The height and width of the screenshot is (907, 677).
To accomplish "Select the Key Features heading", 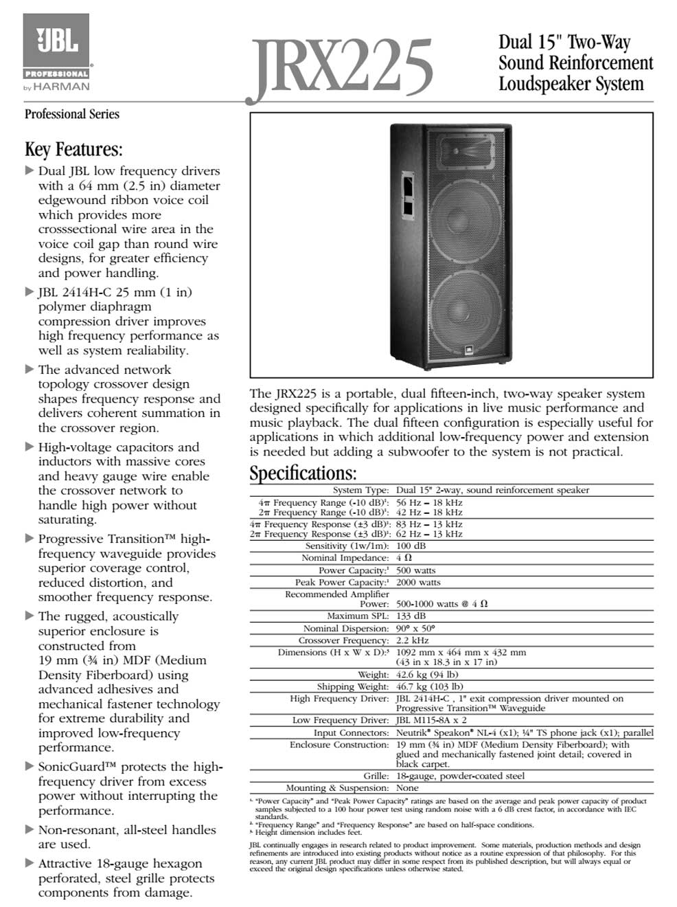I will tap(73, 149).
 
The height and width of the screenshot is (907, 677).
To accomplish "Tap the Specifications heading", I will tap(303, 473).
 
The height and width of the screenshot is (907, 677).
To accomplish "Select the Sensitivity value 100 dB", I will tap(411, 546).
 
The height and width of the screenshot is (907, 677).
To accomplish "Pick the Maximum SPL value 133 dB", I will tap(411, 616).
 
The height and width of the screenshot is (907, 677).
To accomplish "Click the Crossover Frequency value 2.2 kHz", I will tap(412, 640).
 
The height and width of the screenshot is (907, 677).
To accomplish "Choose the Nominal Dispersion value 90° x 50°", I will tap(415, 628).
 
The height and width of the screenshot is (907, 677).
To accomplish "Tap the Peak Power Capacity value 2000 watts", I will tap(418, 582).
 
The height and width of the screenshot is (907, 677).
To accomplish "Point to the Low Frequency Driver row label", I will tap(341, 720).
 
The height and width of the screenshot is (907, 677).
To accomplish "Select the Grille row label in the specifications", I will tap(376, 776).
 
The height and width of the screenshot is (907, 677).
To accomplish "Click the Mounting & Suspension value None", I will tap(407, 788).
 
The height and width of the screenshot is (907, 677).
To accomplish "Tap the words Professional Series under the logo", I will tap(72, 114).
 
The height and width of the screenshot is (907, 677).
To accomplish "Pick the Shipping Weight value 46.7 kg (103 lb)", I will tap(429, 686).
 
